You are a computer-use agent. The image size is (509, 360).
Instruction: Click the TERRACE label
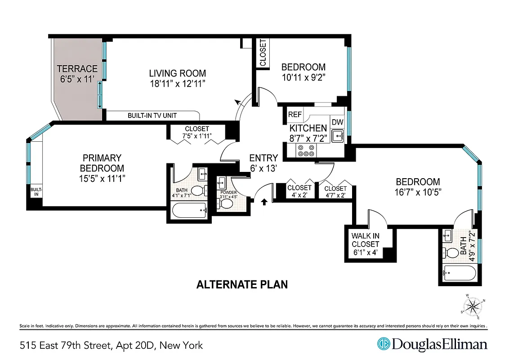point(76,69)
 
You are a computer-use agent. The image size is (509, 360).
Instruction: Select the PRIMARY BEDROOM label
point(102,163)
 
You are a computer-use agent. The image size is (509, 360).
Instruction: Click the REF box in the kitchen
point(295,115)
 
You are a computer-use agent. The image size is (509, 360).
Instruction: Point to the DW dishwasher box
point(337,122)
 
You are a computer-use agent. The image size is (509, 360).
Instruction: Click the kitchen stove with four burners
point(306,151)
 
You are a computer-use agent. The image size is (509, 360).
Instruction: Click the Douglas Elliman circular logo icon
point(383,344)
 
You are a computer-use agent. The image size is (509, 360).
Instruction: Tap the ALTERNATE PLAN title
point(242,284)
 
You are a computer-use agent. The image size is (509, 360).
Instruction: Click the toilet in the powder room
point(227,204)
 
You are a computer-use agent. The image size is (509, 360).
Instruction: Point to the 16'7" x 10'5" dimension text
point(417,192)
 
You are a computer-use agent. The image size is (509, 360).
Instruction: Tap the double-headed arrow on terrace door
point(100,95)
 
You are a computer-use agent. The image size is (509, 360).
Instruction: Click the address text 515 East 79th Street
point(112,346)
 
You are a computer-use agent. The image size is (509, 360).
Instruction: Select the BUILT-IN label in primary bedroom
point(36,192)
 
